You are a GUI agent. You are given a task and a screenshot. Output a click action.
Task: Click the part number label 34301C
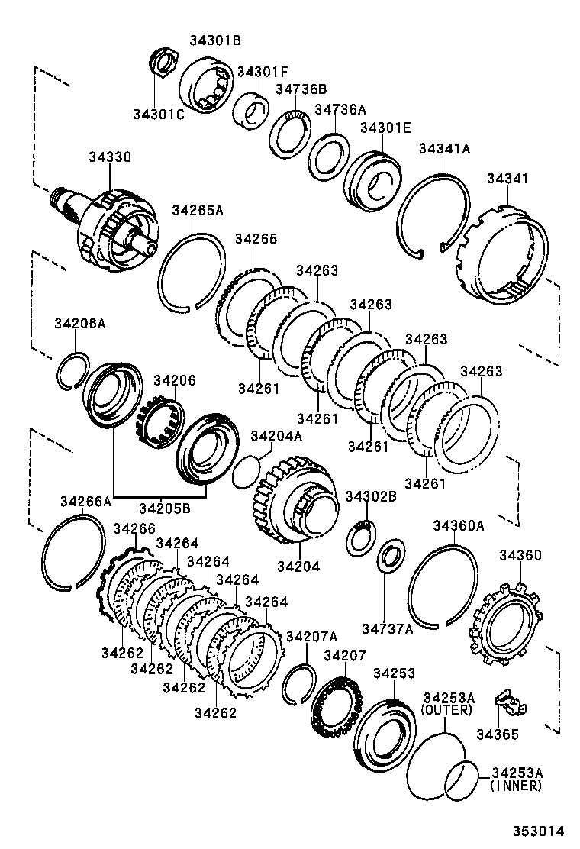pos(158,114)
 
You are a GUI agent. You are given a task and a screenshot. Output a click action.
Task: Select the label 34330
pos(109,157)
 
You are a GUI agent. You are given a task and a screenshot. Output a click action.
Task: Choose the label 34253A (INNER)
pos(517,779)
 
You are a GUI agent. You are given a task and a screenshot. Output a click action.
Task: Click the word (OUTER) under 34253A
pos(446,709)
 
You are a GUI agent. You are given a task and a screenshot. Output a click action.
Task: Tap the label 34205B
pos(165,505)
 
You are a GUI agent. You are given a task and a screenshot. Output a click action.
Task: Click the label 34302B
pos(371,496)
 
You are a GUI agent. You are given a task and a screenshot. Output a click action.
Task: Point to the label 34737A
pos(387,628)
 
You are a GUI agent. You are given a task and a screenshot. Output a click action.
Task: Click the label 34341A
pos(444,150)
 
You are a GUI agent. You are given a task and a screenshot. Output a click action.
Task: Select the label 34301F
pos(263,72)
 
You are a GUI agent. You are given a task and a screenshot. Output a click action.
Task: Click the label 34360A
pos(459,525)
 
